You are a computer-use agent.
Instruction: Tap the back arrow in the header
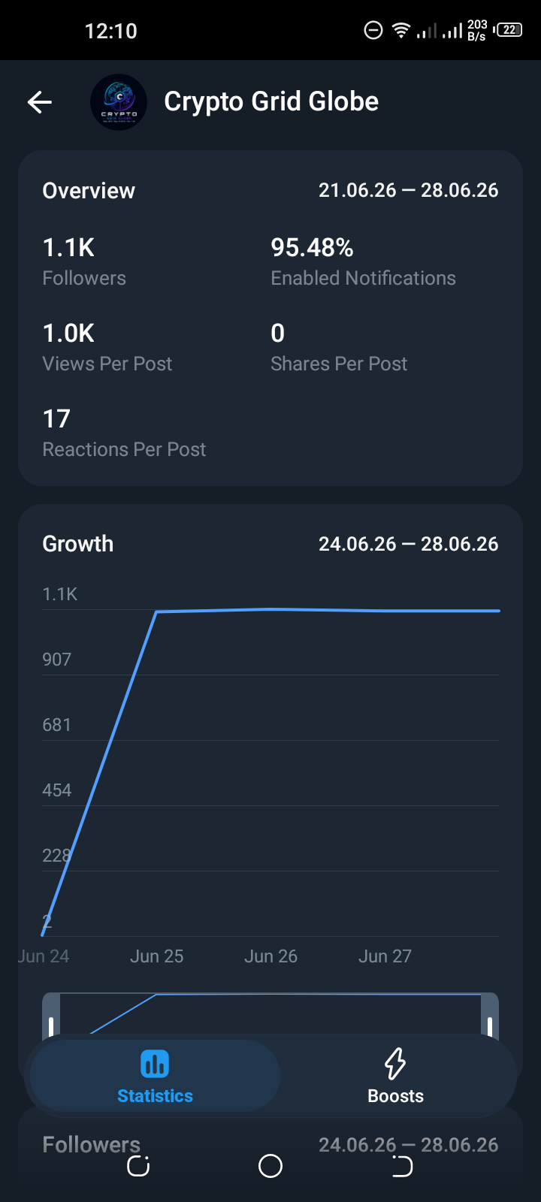(x=40, y=102)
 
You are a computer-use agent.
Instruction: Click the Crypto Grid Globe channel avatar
(x=119, y=102)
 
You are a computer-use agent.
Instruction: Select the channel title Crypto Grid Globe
(x=271, y=101)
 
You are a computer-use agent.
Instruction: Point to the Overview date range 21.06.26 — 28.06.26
(x=409, y=191)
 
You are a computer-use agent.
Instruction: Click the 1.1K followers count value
(x=68, y=248)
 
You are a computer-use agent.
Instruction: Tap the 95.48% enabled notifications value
(x=312, y=248)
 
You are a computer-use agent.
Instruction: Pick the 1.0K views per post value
(x=68, y=334)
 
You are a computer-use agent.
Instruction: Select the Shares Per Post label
(x=339, y=364)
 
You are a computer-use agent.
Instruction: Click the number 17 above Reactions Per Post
(x=56, y=419)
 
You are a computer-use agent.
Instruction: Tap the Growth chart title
(x=78, y=544)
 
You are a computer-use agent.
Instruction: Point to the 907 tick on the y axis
(x=57, y=660)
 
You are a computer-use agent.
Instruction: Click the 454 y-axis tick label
(x=57, y=790)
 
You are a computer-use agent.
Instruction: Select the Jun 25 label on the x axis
(x=157, y=956)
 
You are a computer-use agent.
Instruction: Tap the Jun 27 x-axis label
(x=385, y=956)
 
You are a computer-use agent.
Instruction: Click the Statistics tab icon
(x=155, y=1064)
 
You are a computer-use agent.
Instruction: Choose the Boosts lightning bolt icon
(x=395, y=1063)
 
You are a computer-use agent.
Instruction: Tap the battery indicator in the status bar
(x=508, y=30)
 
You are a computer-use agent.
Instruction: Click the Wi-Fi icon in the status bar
(x=401, y=31)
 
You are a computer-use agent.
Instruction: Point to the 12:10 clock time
(x=111, y=31)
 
